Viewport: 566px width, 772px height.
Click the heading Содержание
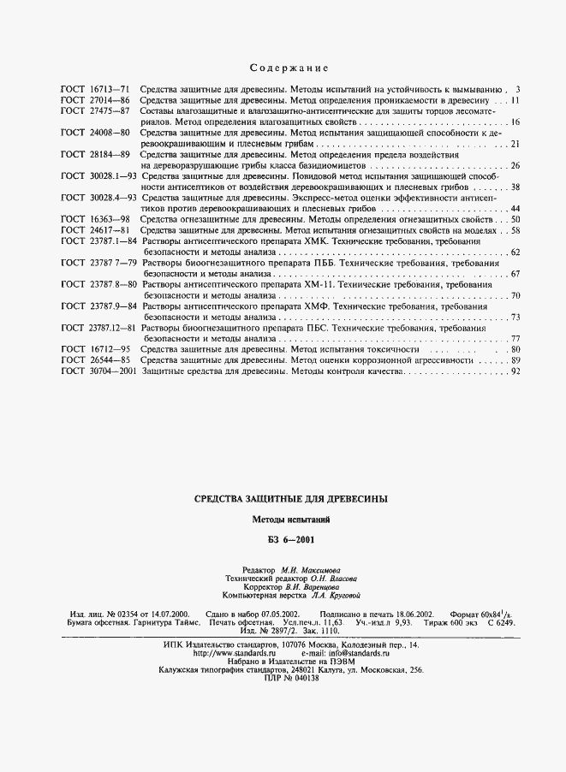289,68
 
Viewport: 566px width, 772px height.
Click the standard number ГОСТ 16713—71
95,89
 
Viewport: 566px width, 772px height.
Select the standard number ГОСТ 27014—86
95,100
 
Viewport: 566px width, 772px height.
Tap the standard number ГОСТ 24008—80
95,134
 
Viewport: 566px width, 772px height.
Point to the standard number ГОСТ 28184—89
95,155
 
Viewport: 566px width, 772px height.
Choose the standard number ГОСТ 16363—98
95,220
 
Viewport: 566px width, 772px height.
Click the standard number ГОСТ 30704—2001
98,372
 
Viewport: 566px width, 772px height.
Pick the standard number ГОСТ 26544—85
95,361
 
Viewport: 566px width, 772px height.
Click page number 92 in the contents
515,372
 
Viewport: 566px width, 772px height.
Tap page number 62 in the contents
515,252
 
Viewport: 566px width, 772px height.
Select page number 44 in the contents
515,209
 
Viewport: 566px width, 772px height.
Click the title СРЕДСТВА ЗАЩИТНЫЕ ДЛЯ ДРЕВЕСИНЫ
291,499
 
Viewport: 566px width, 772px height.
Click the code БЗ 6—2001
291,540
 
